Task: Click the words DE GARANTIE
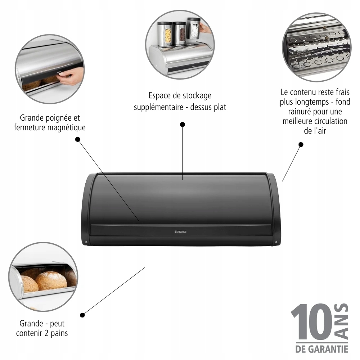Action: (321, 348)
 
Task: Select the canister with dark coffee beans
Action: (180, 34)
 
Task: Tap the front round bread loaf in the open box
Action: (51, 281)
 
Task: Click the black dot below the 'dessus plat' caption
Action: (183, 124)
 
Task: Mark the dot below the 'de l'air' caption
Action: (301, 144)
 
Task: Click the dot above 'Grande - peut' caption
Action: (82, 315)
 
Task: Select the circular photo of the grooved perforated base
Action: (316, 47)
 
